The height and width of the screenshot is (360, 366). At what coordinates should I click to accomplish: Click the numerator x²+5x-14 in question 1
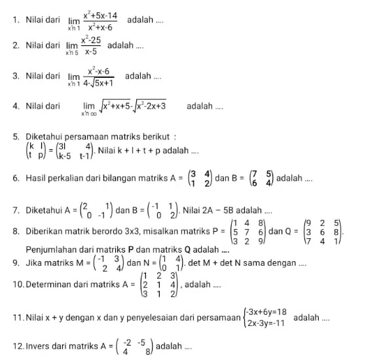(x=100, y=15)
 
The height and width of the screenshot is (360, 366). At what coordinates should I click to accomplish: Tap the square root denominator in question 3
(x=98, y=83)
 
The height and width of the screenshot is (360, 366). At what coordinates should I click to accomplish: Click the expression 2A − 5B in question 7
(x=215, y=210)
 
